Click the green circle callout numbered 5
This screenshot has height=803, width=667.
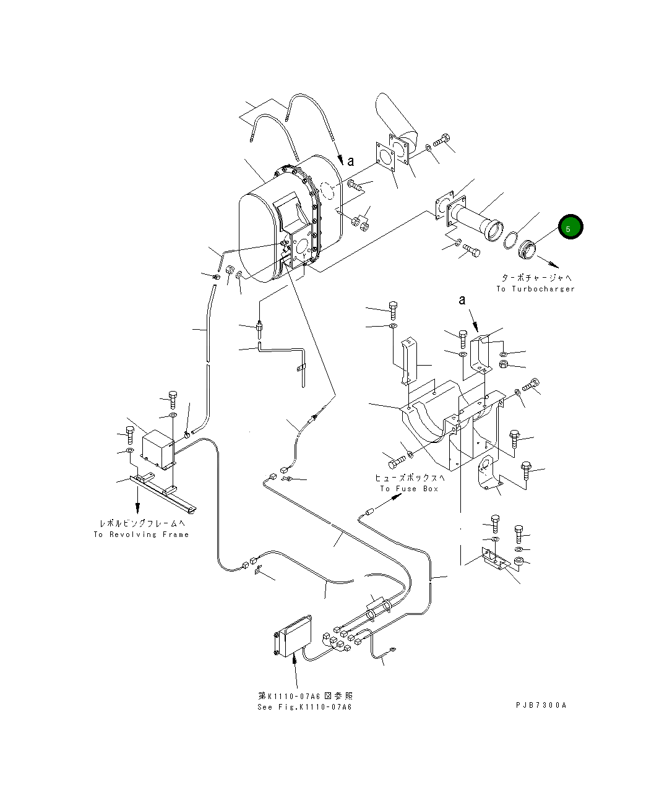[569, 228]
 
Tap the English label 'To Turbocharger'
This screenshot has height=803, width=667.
[535, 289]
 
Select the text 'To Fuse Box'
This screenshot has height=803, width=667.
[409, 489]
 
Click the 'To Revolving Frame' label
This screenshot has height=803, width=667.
[141, 535]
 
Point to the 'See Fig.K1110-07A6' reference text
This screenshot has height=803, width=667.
[304, 707]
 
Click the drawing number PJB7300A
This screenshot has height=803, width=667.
[541, 705]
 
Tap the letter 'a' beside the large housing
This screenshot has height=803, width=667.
[351, 161]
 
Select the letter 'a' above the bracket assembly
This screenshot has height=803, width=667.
[462, 301]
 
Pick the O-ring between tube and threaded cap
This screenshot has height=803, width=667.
[510, 240]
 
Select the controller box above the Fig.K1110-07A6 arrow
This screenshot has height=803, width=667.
[293, 635]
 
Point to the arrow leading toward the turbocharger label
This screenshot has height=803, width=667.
[548, 260]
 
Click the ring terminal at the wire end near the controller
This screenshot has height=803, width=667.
[392, 649]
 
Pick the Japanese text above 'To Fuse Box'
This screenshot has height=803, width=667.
[409, 478]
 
